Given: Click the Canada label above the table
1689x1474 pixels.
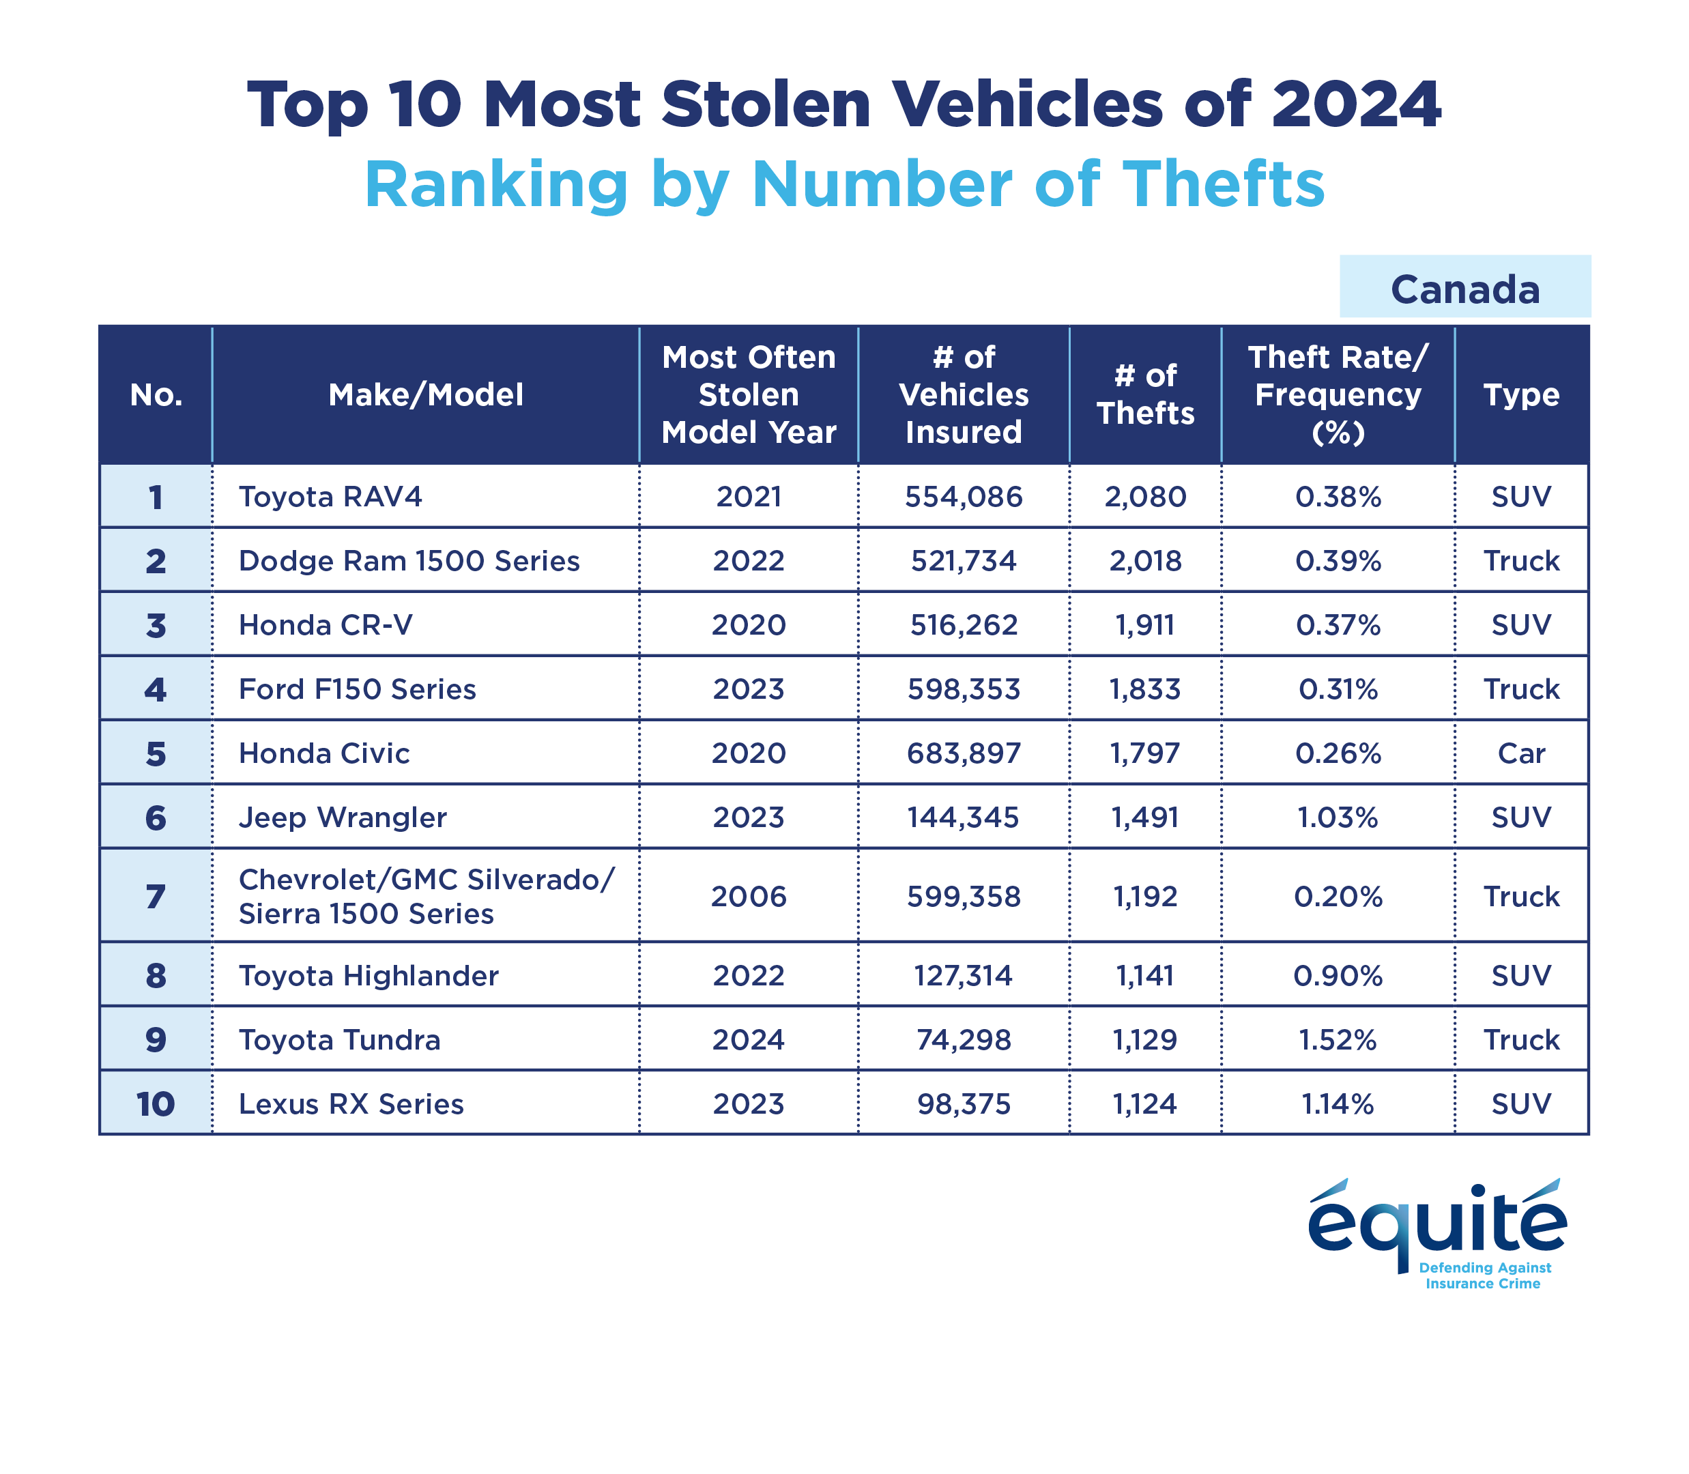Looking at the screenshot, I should coord(1464,289).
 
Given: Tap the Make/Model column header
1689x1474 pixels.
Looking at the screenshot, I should coord(425,395).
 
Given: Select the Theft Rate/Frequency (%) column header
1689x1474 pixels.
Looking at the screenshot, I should coord(1338,395).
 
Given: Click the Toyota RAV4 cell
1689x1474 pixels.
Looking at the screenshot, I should coord(330,497).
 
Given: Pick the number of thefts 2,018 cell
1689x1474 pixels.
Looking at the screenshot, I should coord(1145,561).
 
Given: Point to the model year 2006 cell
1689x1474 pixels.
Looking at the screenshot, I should coord(749,896).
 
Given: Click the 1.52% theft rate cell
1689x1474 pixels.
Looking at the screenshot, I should coord(1338,1040).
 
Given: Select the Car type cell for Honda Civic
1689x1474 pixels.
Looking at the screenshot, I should coord(1521,753).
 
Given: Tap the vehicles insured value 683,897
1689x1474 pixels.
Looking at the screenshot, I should coord(964,753).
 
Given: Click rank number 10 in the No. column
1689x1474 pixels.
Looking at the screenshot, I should coord(156,1104).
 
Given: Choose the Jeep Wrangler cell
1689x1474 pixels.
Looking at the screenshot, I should coord(343,818).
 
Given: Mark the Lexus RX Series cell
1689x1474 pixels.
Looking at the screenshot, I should coord(351,1104).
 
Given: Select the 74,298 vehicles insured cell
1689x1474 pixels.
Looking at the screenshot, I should coord(964,1040).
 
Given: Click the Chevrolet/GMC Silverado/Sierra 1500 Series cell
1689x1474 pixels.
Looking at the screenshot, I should coord(425,897).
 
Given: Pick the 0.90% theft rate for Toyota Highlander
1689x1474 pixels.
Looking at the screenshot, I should coord(1338,976).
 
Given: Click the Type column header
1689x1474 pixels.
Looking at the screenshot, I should coord(1521,395).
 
